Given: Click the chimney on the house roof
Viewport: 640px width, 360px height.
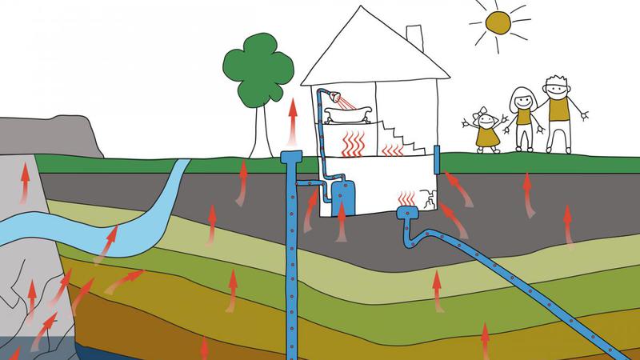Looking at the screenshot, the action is click(414, 37).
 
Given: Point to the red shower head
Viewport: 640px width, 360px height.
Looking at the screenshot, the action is click(342, 99).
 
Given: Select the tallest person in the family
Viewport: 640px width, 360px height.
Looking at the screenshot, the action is click(558, 112).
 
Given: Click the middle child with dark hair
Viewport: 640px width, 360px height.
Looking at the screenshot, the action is click(523, 117).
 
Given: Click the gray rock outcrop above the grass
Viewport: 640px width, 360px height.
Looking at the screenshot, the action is click(48, 132).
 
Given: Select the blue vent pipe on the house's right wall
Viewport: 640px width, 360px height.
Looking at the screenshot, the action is click(437, 159).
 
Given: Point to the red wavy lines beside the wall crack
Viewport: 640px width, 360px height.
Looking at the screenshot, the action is click(406, 195).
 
